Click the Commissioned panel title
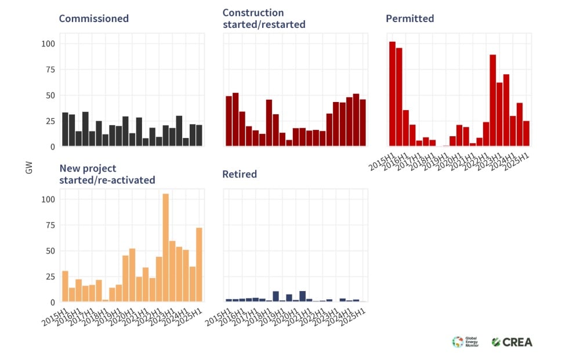(x=94, y=19)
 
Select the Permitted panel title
(x=409, y=19)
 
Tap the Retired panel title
(x=240, y=174)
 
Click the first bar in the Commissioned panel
(x=65, y=129)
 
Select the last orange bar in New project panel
(x=199, y=264)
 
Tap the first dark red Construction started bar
(x=229, y=121)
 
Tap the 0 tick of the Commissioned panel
(x=52, y=147)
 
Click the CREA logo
(x=512, y=342)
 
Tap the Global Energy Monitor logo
(x=466, y=342)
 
